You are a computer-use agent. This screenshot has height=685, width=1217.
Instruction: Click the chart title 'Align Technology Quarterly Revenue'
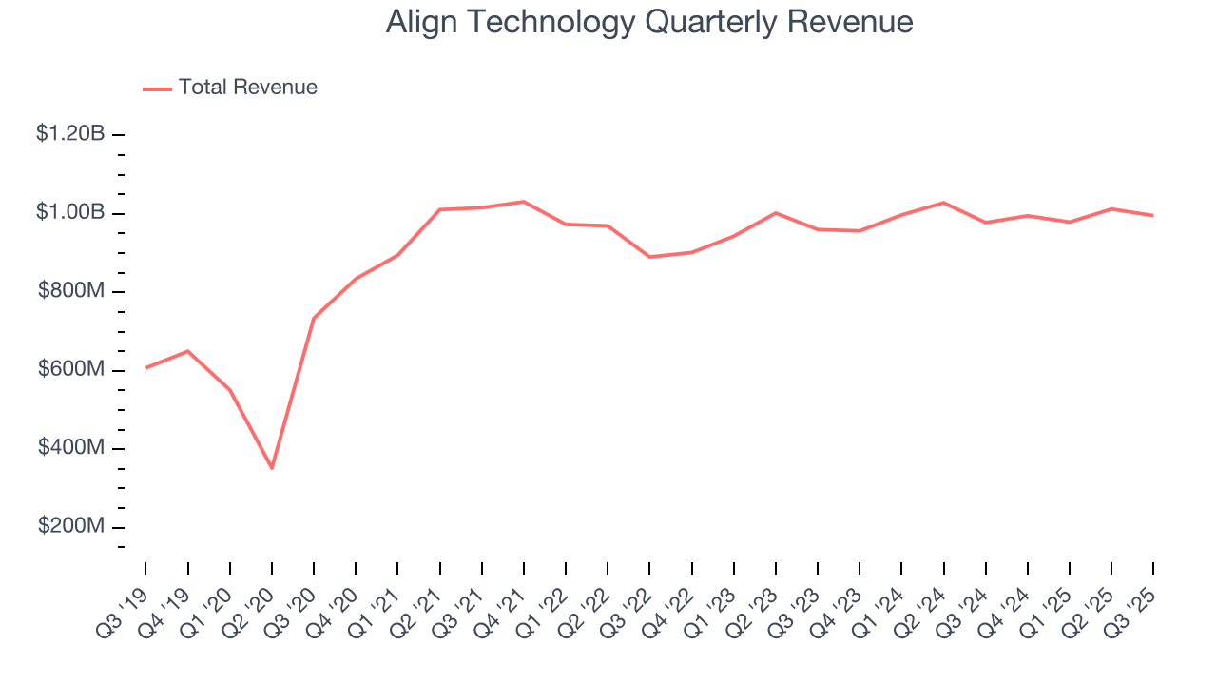[x=649, y=22]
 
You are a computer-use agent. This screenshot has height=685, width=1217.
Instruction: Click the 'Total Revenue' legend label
[x=247, y=88]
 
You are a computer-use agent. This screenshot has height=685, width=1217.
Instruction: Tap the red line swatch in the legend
[x=157, y=88]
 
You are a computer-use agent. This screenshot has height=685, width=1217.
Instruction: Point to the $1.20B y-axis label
[x=70, y=134]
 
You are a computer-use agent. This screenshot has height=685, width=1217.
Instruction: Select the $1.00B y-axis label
[x=70, y=212]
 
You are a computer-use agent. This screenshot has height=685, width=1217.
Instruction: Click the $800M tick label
[x=71, y=291]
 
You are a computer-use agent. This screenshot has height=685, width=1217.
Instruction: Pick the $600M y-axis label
[x=71, y=370]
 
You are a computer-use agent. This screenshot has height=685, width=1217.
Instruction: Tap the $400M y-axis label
[x=71, y=448]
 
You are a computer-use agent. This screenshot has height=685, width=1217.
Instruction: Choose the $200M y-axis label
[x=71, y=527]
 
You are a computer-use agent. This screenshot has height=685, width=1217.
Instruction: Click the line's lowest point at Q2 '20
[x=272, y=468]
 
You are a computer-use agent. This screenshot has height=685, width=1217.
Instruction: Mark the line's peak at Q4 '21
[x=524, y=202]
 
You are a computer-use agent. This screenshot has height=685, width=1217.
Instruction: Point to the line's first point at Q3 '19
[x=145, y=367]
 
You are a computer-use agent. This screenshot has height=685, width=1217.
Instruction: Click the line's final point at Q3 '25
[x=1153, y=215]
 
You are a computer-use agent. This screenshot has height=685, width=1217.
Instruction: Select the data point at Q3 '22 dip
[x=649, y=257]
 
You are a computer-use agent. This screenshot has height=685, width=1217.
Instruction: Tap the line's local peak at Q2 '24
[x=943, y=203]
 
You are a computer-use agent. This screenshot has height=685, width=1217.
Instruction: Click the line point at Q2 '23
[x=776, y=213]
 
